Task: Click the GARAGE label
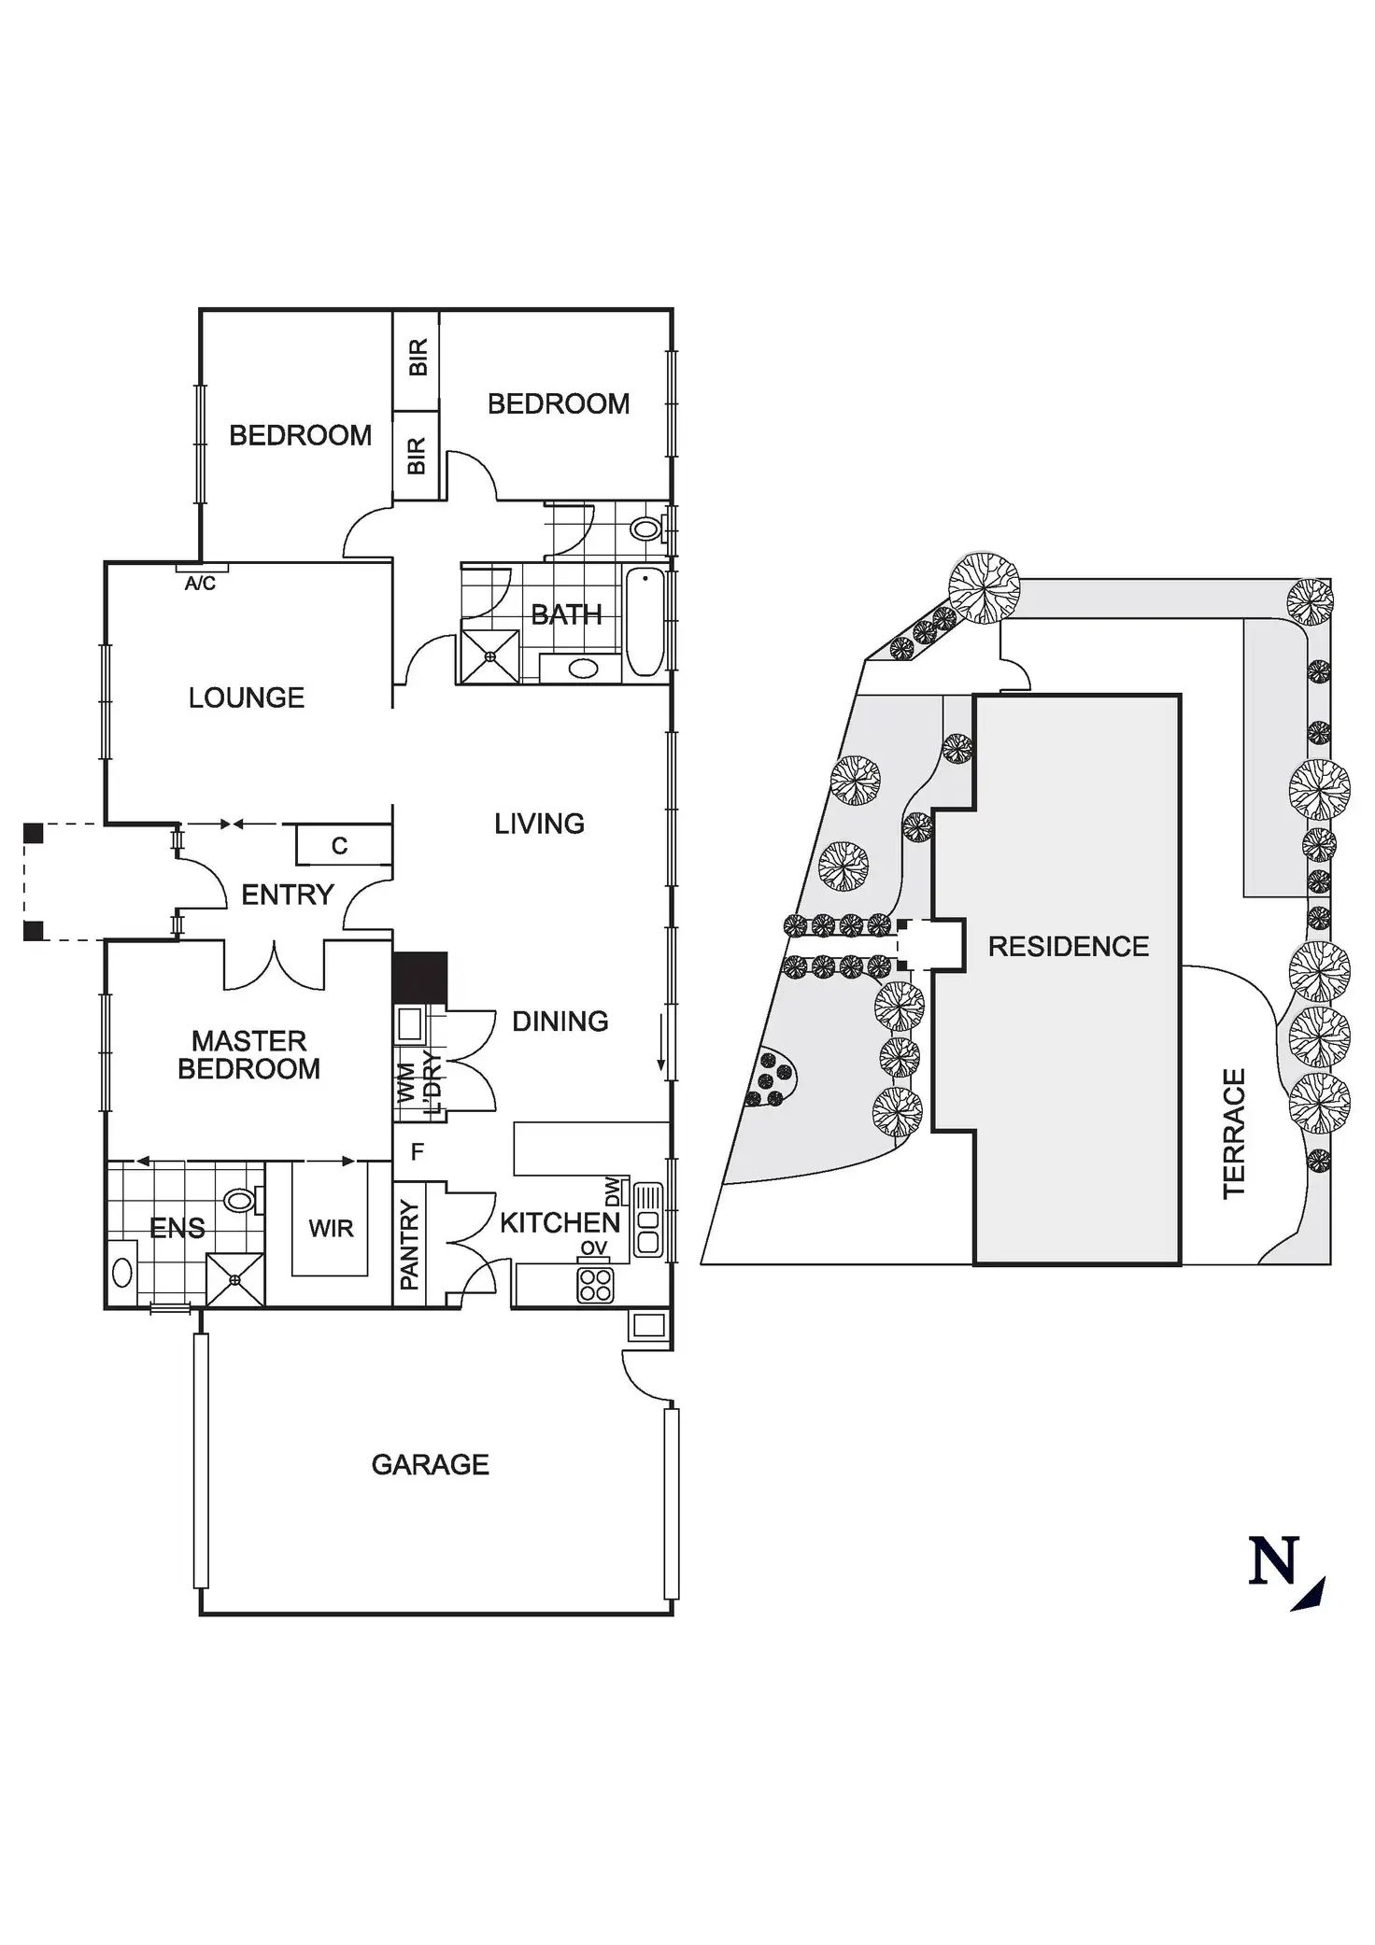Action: [x=430, y=1464]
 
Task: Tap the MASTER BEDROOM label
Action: [x=248, y=1055]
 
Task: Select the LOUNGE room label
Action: [x=247, y=698]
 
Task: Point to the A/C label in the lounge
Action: [x=200, y=585]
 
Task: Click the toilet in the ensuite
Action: [x=241, y=1200]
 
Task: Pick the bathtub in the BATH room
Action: [x=645, y=624]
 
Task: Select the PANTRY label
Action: [x=410, y=1246]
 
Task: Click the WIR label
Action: [x=331, y=1229]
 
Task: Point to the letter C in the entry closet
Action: [x=339, y=846]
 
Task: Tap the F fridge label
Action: [x=418, y=1152]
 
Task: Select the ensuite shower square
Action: [x=234, y=1279]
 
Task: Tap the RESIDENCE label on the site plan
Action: [x=1069, y=947]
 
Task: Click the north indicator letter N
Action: [x=1275, y=1561]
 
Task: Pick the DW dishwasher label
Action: [x=613, y=1192]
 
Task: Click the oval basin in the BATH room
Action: [x=584, y=669]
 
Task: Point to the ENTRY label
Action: [x=287, y=895]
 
